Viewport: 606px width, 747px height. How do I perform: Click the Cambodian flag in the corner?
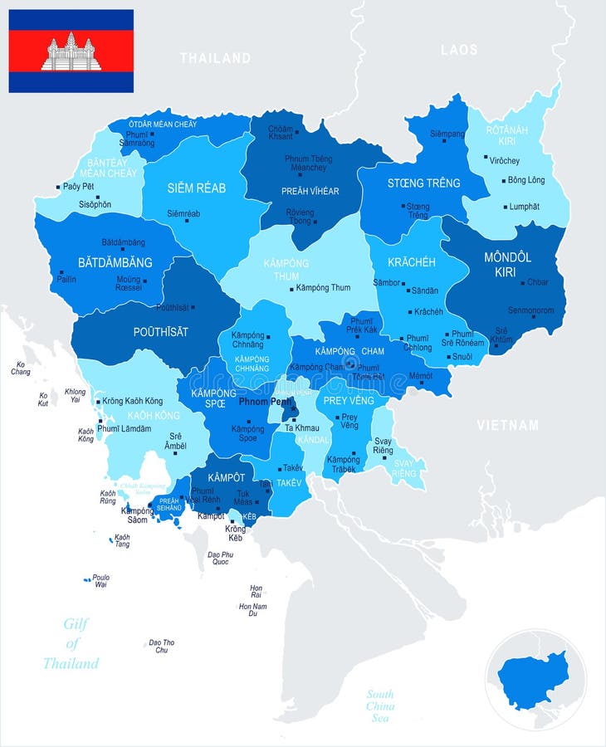pos(71,51)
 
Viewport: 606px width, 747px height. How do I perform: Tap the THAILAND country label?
pos(215,58)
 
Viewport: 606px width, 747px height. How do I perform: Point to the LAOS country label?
pos(459,50)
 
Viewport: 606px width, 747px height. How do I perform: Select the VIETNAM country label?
pos(507,425)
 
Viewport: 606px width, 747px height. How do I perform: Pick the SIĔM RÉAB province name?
pos(196,188)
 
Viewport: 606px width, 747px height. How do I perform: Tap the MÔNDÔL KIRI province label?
pos(507,264)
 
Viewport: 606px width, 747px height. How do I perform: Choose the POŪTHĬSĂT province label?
pos(161,331)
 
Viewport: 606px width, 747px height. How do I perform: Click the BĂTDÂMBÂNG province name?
pos(115,262)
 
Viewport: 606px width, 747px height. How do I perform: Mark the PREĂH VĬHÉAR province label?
pos(310,191)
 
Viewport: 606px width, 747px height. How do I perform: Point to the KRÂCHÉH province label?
pos(412,261)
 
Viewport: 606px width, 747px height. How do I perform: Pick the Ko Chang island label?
pos(21,368)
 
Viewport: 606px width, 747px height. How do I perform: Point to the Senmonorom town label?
pos(532,310)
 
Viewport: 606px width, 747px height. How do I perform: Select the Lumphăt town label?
pos(524,207)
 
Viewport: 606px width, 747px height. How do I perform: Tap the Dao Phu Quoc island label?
pos(220,558)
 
